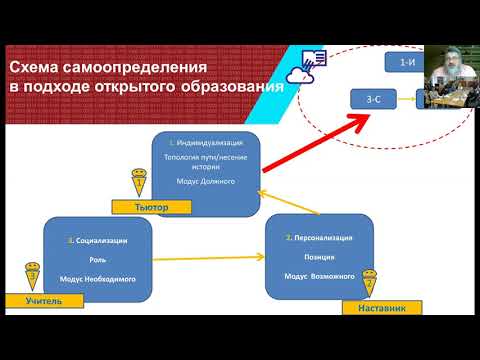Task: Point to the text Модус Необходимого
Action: [97, 278]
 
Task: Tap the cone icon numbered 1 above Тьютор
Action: [139, 181]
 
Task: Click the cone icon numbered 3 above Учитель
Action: [33, 273]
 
